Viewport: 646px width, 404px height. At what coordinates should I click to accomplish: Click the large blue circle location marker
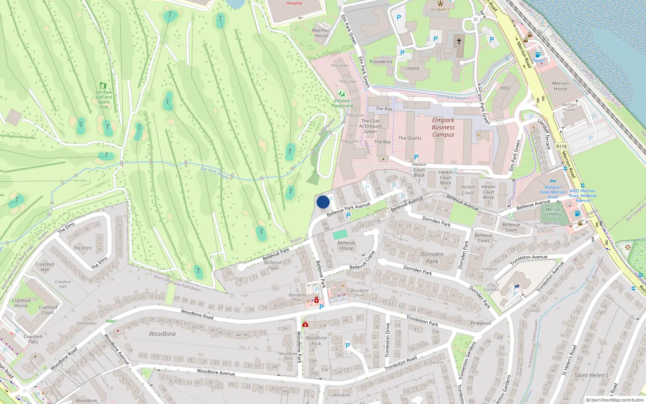pos(323,202)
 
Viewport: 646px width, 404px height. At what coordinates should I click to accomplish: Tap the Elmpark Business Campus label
pos(443,127)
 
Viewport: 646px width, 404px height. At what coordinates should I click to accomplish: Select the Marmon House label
pos(321,33)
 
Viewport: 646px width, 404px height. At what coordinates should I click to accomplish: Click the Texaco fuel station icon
pos(538,55)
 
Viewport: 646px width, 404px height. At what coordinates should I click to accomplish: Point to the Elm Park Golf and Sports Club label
pos(104,99)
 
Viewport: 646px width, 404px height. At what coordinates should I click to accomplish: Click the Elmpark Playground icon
pos(342,94)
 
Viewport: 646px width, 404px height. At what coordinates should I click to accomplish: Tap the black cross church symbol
pos(459,41)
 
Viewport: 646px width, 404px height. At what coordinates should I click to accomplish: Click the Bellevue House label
pos(346,245)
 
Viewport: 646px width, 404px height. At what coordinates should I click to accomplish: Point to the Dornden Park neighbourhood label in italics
pos(432,257)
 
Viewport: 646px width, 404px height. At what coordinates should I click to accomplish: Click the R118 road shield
pos(561,147)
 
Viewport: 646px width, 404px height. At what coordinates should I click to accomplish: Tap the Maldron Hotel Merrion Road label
pos(553,192)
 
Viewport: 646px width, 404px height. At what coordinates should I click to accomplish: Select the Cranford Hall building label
pos(44,267)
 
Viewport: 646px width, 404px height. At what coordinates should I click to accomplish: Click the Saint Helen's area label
pos(591,375)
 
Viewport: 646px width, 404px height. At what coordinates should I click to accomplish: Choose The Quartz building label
pos(410,138)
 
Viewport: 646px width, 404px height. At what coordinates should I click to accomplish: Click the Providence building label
pos(381,62)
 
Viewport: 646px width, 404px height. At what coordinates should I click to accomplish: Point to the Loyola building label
pos(412,68)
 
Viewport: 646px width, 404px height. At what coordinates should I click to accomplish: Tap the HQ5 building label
pos(505,88)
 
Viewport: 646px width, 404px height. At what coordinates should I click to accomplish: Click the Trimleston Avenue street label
pos(529,259)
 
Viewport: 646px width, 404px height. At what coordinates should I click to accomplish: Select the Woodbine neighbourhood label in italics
pos(162,334)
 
